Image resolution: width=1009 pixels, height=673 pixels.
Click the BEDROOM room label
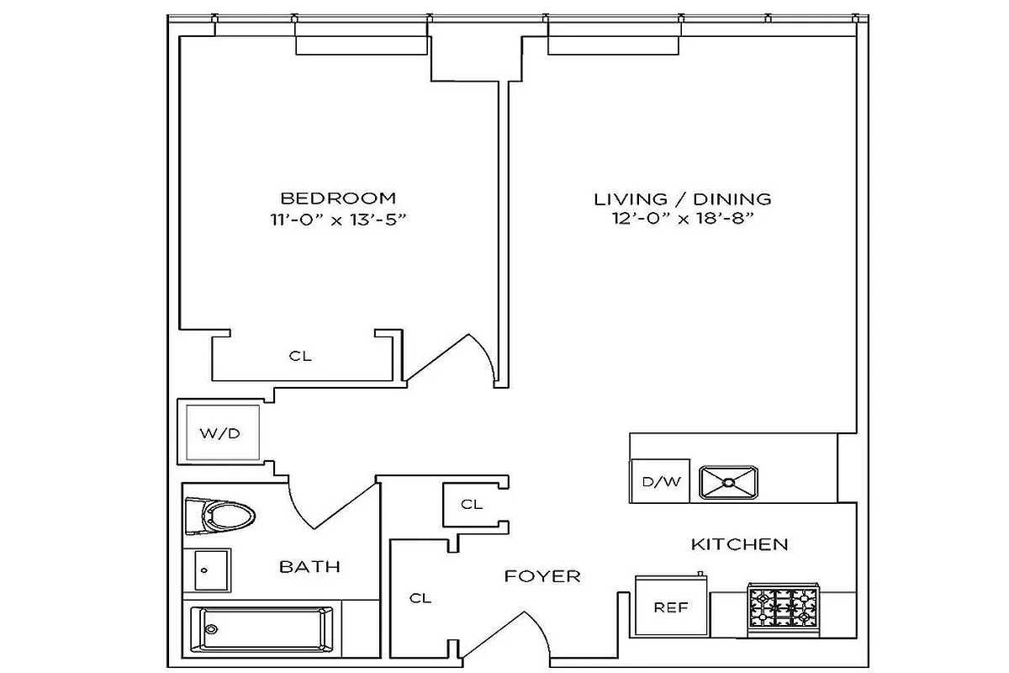(337, 199)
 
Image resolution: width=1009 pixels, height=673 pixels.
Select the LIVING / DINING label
(682, 199)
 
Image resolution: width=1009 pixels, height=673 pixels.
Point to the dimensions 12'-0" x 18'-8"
(682, 220)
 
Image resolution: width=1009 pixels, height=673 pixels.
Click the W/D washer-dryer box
(220, 434)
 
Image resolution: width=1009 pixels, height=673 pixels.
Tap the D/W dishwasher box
(659, 482)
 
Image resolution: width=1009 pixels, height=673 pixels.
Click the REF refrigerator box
(670, 607)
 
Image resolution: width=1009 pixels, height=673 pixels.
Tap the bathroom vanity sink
(207, 570)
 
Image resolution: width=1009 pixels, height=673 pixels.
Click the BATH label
(309, 567)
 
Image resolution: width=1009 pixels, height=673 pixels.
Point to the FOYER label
(542, 576)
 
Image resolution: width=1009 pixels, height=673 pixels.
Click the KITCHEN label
(739, 544)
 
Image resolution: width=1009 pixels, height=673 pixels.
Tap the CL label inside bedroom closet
(300, 356)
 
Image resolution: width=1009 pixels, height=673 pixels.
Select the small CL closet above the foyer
(472, 505)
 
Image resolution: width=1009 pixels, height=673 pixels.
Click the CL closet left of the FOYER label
(420, 598)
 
